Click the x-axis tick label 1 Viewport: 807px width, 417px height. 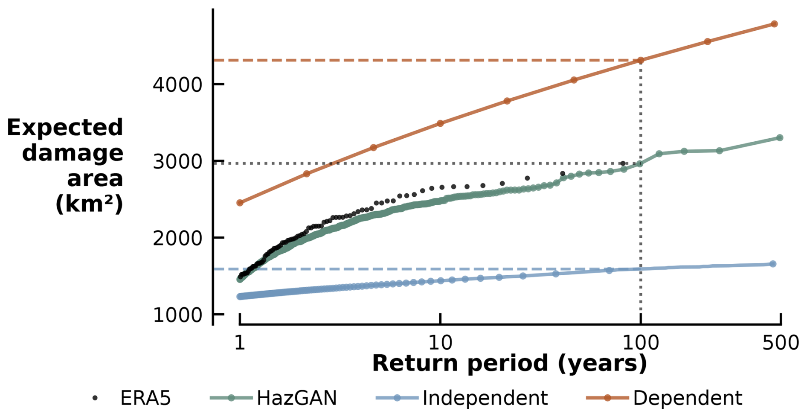240,343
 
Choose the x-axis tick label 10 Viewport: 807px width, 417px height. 440,343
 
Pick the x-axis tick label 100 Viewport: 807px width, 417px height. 640,343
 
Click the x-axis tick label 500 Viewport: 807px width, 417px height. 780,343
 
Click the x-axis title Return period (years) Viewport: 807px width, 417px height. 509,364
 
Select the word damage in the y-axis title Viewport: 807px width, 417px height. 73,153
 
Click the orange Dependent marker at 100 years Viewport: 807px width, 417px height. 640,60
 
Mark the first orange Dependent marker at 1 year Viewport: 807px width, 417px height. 240,203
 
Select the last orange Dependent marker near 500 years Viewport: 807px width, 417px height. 774,24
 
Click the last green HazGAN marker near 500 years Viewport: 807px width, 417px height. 780,138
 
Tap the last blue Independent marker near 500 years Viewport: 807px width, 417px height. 773,264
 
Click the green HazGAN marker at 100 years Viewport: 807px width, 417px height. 640,164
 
